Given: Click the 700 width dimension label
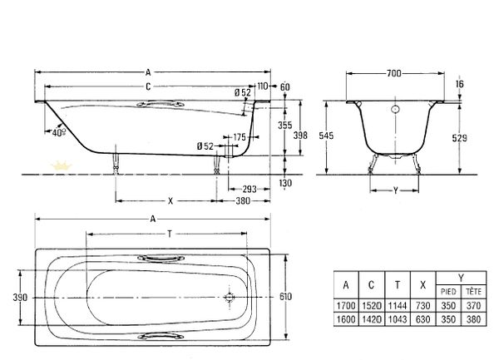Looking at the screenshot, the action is (x=393, y=73).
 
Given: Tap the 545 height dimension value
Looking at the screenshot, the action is (x=326, y=136).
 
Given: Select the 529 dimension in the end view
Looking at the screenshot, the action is (x=460, y=138).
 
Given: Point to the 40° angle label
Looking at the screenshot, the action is (x=59, y=132).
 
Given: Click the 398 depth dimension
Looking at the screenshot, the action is (x=300, y=136).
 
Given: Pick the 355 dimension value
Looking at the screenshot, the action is (x=284, y=125).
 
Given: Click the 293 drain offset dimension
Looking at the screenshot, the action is (x=249, y=190).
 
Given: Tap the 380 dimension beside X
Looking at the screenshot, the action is (x=243, y=201).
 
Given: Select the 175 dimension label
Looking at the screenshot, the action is (x=240, y=137).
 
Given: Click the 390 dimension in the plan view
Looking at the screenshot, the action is (x=20, y=298).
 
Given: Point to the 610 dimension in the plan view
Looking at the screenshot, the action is (x=285, y=296).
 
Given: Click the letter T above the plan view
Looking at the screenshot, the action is (x=170, y=234).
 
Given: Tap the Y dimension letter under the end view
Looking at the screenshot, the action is (x=395, y=190).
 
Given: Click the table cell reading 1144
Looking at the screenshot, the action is (x=398, y=306).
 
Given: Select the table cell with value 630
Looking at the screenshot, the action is (x=423, y=319).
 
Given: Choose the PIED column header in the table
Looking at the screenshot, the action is (x=448, y=291).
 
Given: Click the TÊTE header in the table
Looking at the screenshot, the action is (x=473, y=291).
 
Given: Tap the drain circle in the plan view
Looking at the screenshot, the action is (x=230, y=298).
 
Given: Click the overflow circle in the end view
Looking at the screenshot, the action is (x=395, y=110).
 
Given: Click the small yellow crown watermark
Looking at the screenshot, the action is (x=61, y=165).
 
